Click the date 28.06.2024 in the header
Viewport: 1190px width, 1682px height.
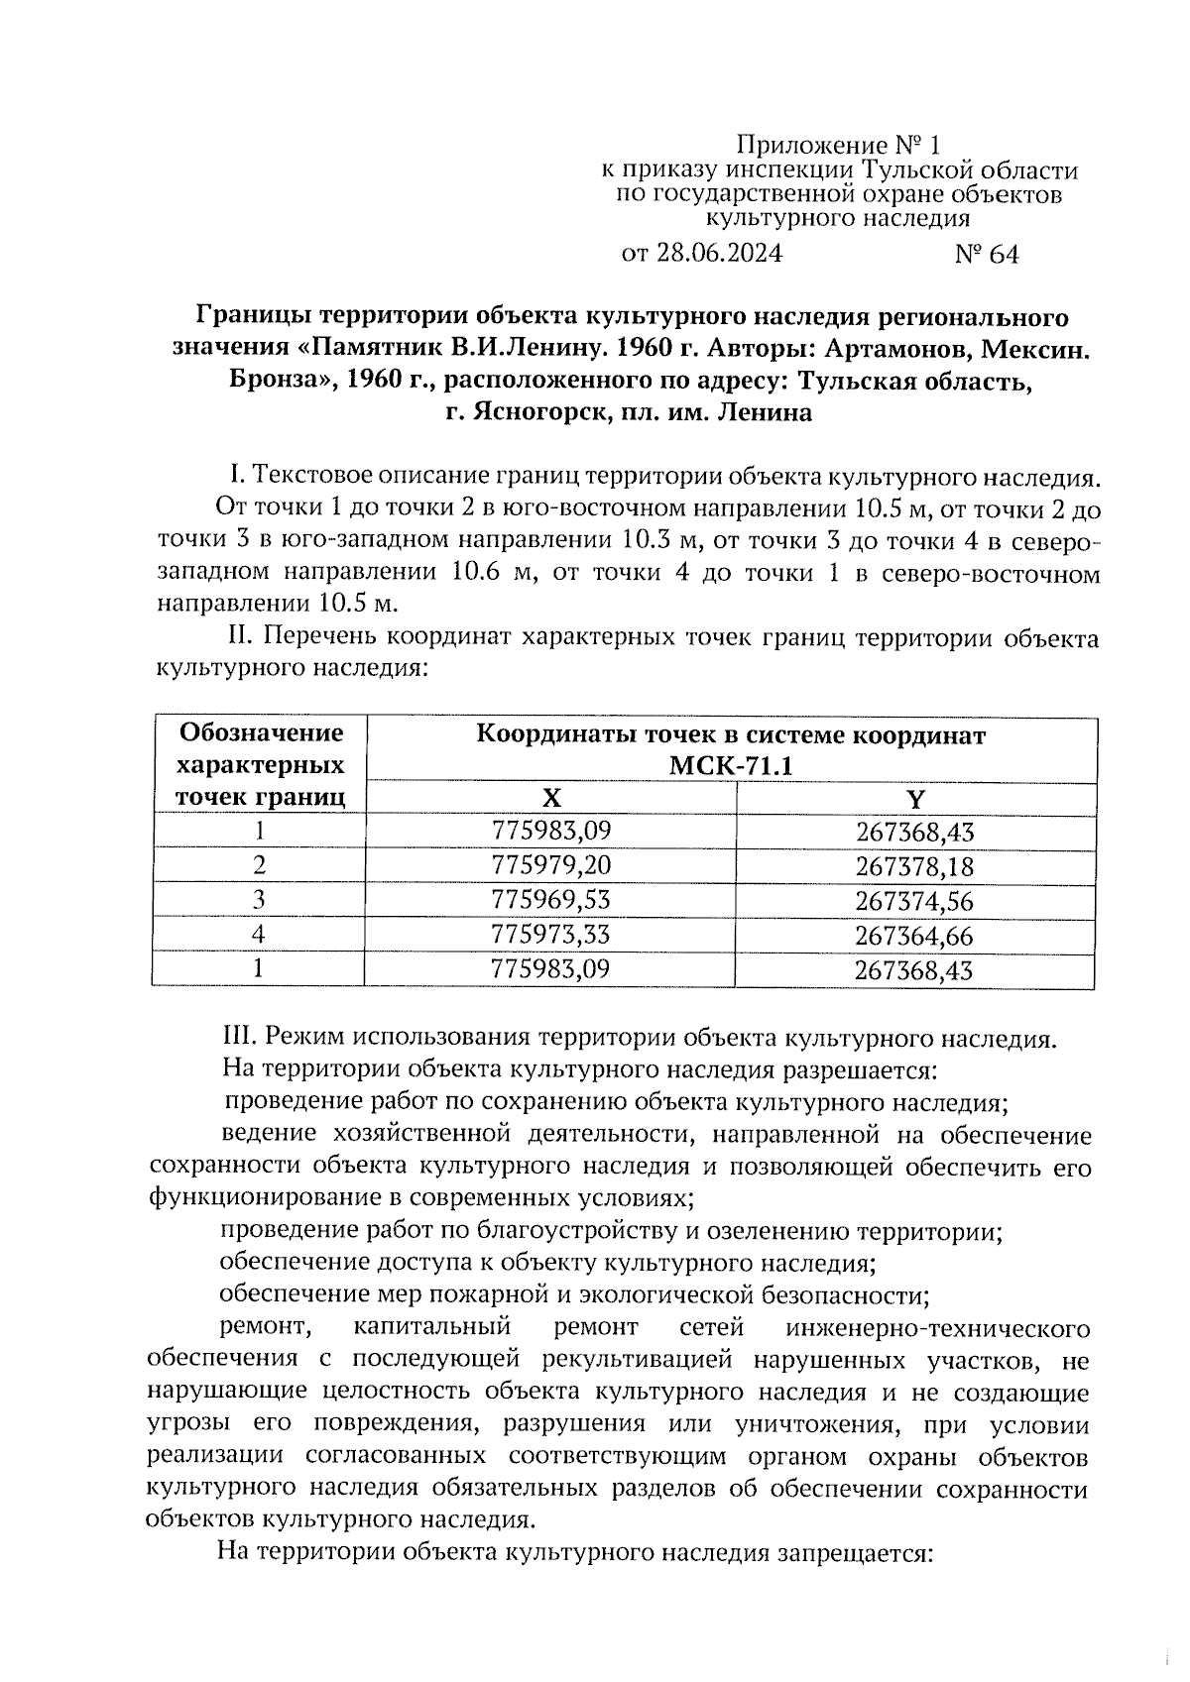(719, 254)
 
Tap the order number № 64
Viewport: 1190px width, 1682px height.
(986, 255)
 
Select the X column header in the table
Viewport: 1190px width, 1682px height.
(550, 799)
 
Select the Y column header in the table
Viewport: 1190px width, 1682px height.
(915, 799)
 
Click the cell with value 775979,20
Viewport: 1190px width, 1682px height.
(550, 865)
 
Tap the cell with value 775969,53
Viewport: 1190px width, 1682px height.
(550, 900)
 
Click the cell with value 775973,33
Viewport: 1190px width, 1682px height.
(550, 934)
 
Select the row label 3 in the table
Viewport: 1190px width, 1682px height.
(260, 900)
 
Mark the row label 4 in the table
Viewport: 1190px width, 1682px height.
(260, 934)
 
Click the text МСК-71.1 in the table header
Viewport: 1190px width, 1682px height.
(732, 766)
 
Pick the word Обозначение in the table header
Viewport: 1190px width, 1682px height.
(262, 733)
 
